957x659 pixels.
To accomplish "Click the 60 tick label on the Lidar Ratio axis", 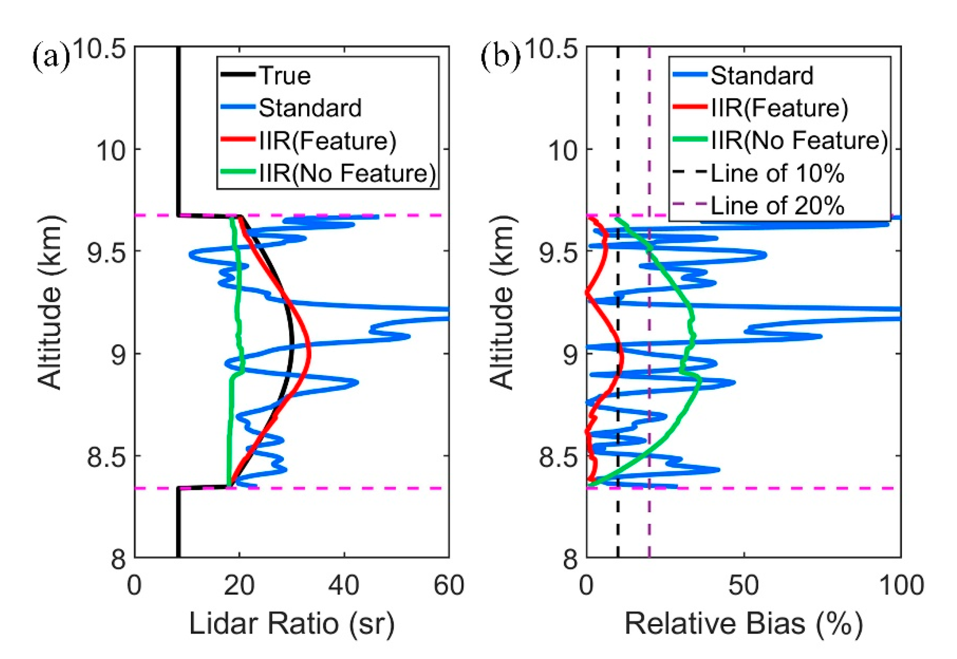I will (449, 585).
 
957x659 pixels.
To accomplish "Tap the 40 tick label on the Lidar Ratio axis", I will (344, 585).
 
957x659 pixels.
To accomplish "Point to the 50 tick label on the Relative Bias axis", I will (744, 585).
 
